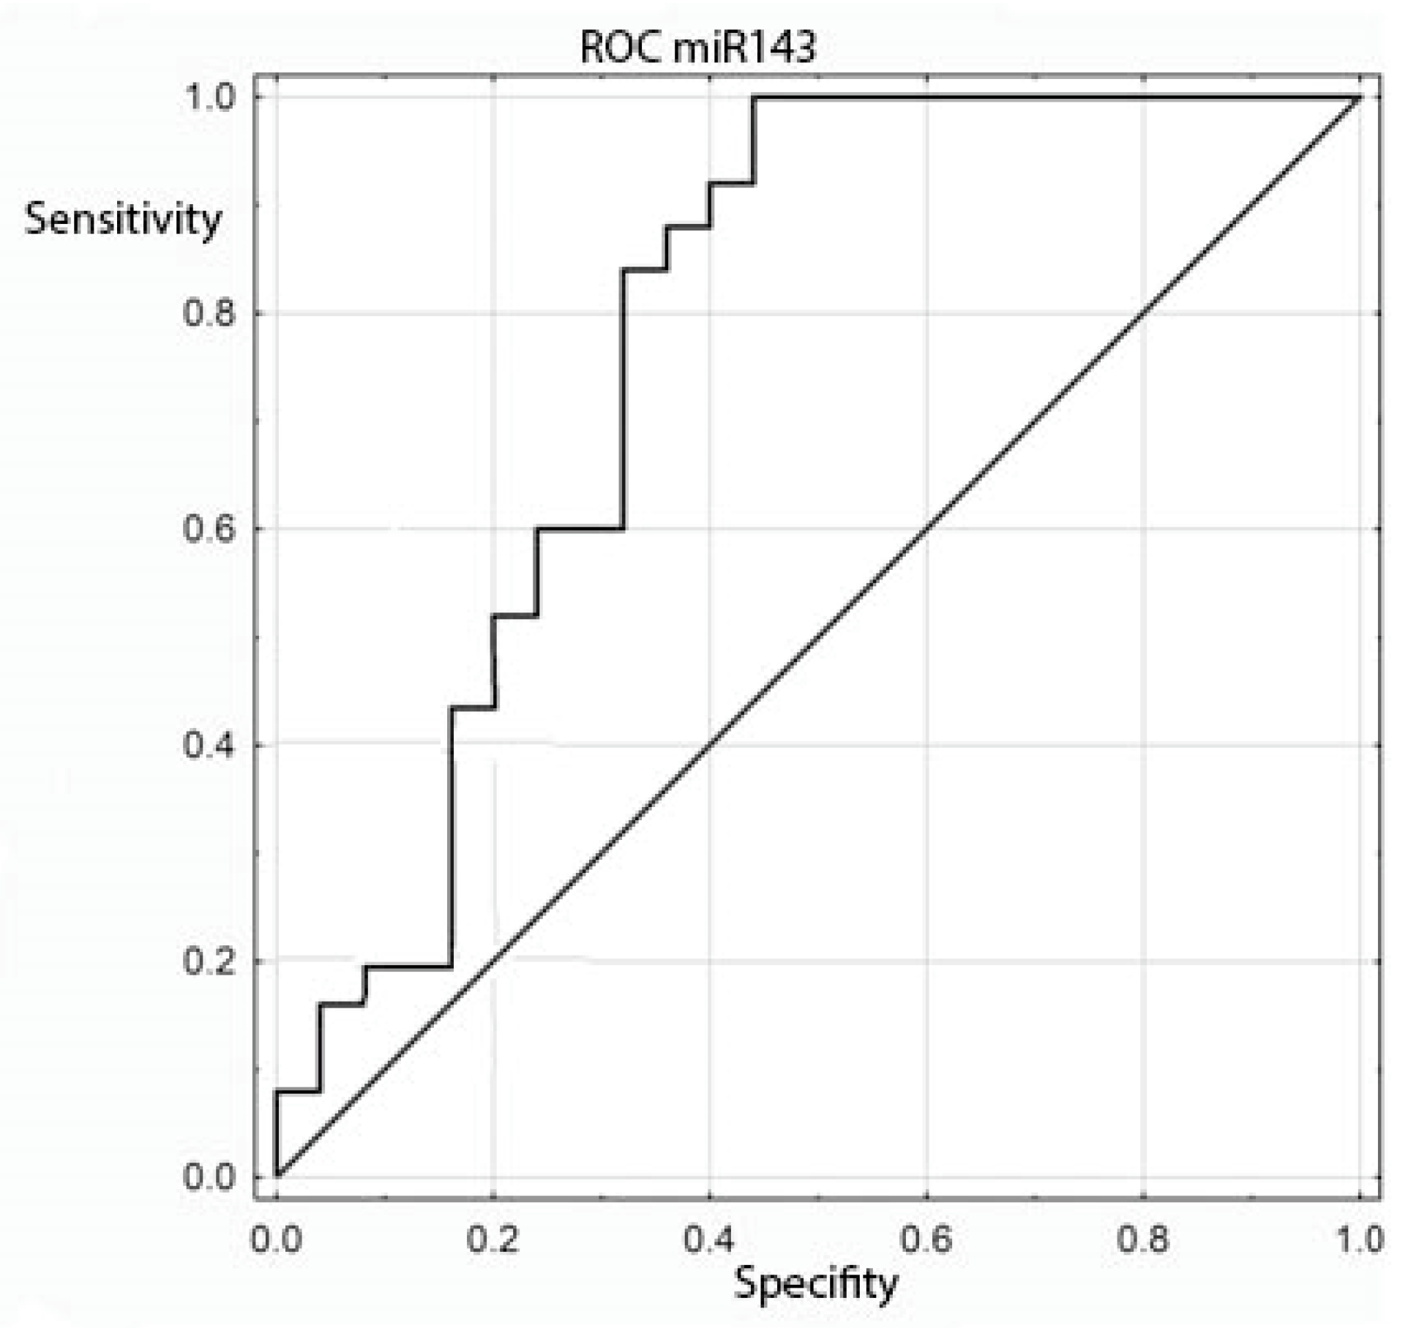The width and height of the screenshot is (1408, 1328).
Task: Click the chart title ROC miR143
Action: click(x=697, y=48)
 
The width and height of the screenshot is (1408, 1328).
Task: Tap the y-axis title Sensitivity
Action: click(x=122, y=219)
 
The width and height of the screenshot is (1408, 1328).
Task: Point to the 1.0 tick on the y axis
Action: click(x=208, y=97)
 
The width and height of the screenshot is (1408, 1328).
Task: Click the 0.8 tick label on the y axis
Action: click(x=208, y=313)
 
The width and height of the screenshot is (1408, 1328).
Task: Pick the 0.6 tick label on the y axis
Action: click(x=208, y=528)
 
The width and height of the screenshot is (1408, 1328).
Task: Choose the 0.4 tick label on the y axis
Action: click(x=208, y=745)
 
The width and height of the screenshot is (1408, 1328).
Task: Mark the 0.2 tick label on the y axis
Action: click(x=208, y=961)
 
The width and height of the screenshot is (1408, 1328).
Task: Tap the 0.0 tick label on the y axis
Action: click(x=208, y=1177)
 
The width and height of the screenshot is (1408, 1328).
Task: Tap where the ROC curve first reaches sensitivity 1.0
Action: click(x=753, y=97)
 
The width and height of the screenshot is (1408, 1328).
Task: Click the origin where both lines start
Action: click(x=277, y=1177)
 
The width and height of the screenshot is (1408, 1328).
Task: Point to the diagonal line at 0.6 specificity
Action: click(x=926, y=528)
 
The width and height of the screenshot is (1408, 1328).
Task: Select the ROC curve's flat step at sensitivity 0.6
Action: click(x=580, y=528)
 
